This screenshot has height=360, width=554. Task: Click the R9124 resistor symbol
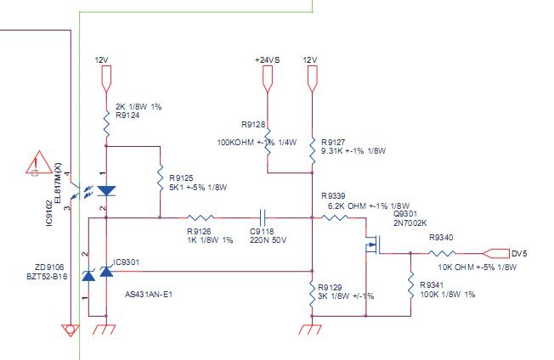[x=106, y=123]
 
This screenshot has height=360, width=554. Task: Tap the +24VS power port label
[x=267, y=60]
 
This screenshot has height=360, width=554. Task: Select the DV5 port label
[x=519, y=253]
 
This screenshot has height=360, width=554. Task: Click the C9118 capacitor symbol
[x=263, y=217]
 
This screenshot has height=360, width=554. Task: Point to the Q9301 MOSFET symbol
[x=371, y=245]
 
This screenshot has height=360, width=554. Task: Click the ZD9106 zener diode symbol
[x=88, y=274]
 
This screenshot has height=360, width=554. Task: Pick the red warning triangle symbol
[x=39, y=163]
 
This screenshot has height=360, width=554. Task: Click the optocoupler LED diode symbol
[x=106, y=191]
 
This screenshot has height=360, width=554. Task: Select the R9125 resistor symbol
[x=160, y=177]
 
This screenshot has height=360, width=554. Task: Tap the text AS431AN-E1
[x=149, y=294]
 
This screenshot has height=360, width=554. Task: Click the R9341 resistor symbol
[x=410, y=285]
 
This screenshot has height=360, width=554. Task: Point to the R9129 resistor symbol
[x=312, y=294]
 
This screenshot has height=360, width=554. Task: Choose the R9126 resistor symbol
[x=201, y=217]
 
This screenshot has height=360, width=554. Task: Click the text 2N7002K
[x=410, y=223]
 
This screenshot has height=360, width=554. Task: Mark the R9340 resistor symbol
[x=442, y=253]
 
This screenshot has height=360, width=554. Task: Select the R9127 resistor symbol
[x=312, y=150]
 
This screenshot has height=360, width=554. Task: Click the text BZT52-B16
[x=47, y=276]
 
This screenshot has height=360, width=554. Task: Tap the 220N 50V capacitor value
[x=269, y=240]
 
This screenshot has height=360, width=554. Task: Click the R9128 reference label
[x=253, y=124]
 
